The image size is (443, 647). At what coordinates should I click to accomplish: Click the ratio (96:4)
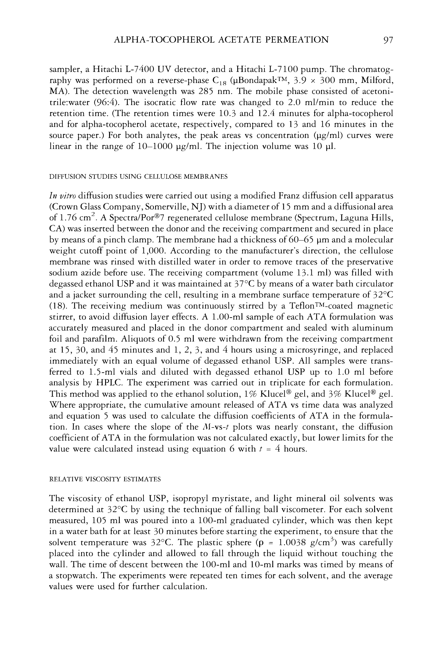click(x=105, y=102)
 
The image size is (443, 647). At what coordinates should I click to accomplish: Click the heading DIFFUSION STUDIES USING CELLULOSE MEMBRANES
click(x=138, y=177)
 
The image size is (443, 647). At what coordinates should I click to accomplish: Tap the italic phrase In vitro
click(x=62, y=196)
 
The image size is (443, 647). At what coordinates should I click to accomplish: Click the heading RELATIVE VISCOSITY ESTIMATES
click(x=105, y=479)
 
